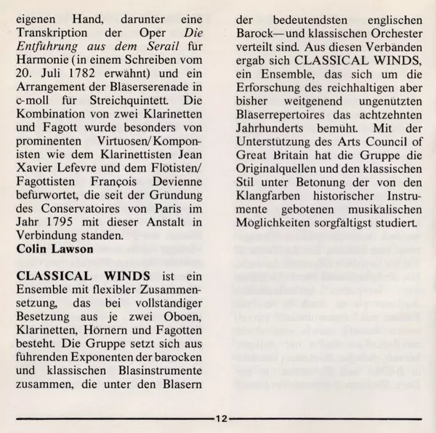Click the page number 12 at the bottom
220,419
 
